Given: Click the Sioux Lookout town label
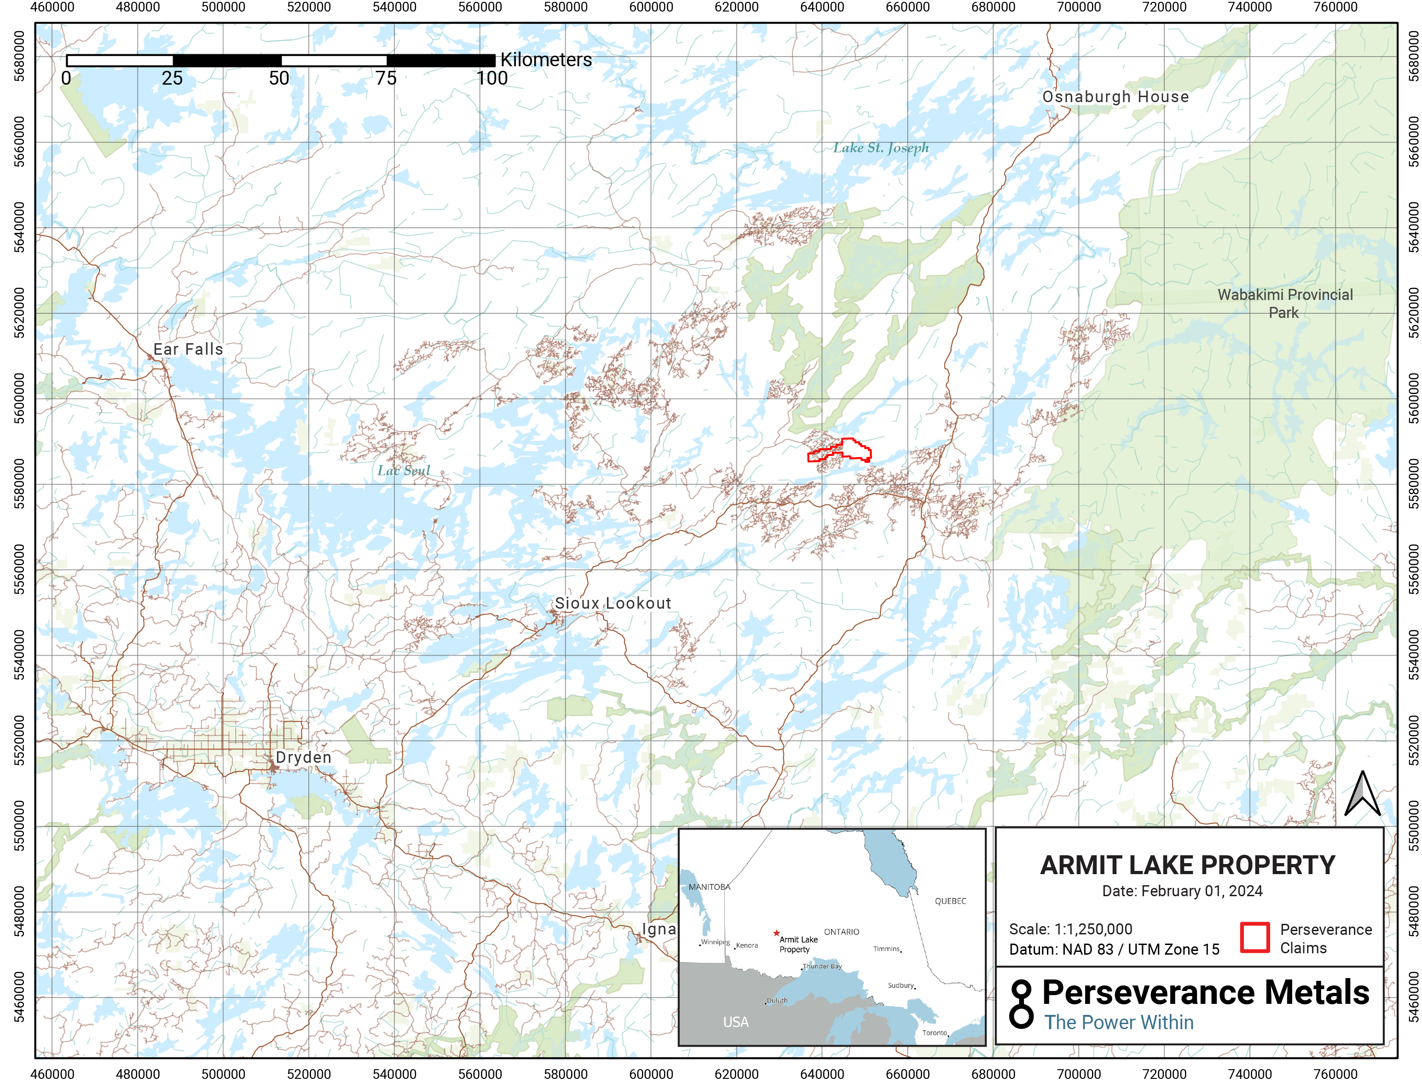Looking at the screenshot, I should click(612, 604).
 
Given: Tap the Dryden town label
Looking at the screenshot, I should click(303, 757).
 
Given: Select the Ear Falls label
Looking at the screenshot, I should click(188, 349).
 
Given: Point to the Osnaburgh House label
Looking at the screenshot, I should click(1115, 97).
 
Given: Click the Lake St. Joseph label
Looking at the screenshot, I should click(880, 148).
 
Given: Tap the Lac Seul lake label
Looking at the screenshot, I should click(403, 471).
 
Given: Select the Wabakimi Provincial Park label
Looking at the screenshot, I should click(1285, 304).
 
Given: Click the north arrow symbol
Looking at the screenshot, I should click(1362, 794).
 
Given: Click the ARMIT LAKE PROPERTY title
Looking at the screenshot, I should click(1187, 865).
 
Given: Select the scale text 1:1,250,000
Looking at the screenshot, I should click(1093, 929).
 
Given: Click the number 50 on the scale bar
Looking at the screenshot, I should click(278, 79).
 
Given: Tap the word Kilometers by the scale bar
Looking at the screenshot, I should click(546, 60).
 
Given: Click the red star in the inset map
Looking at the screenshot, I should click(776, 933).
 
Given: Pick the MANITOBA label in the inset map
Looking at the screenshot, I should click(709, 887).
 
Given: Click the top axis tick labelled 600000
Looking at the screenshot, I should click(651, 7).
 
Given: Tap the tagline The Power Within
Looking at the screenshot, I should click(1118, 1022).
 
